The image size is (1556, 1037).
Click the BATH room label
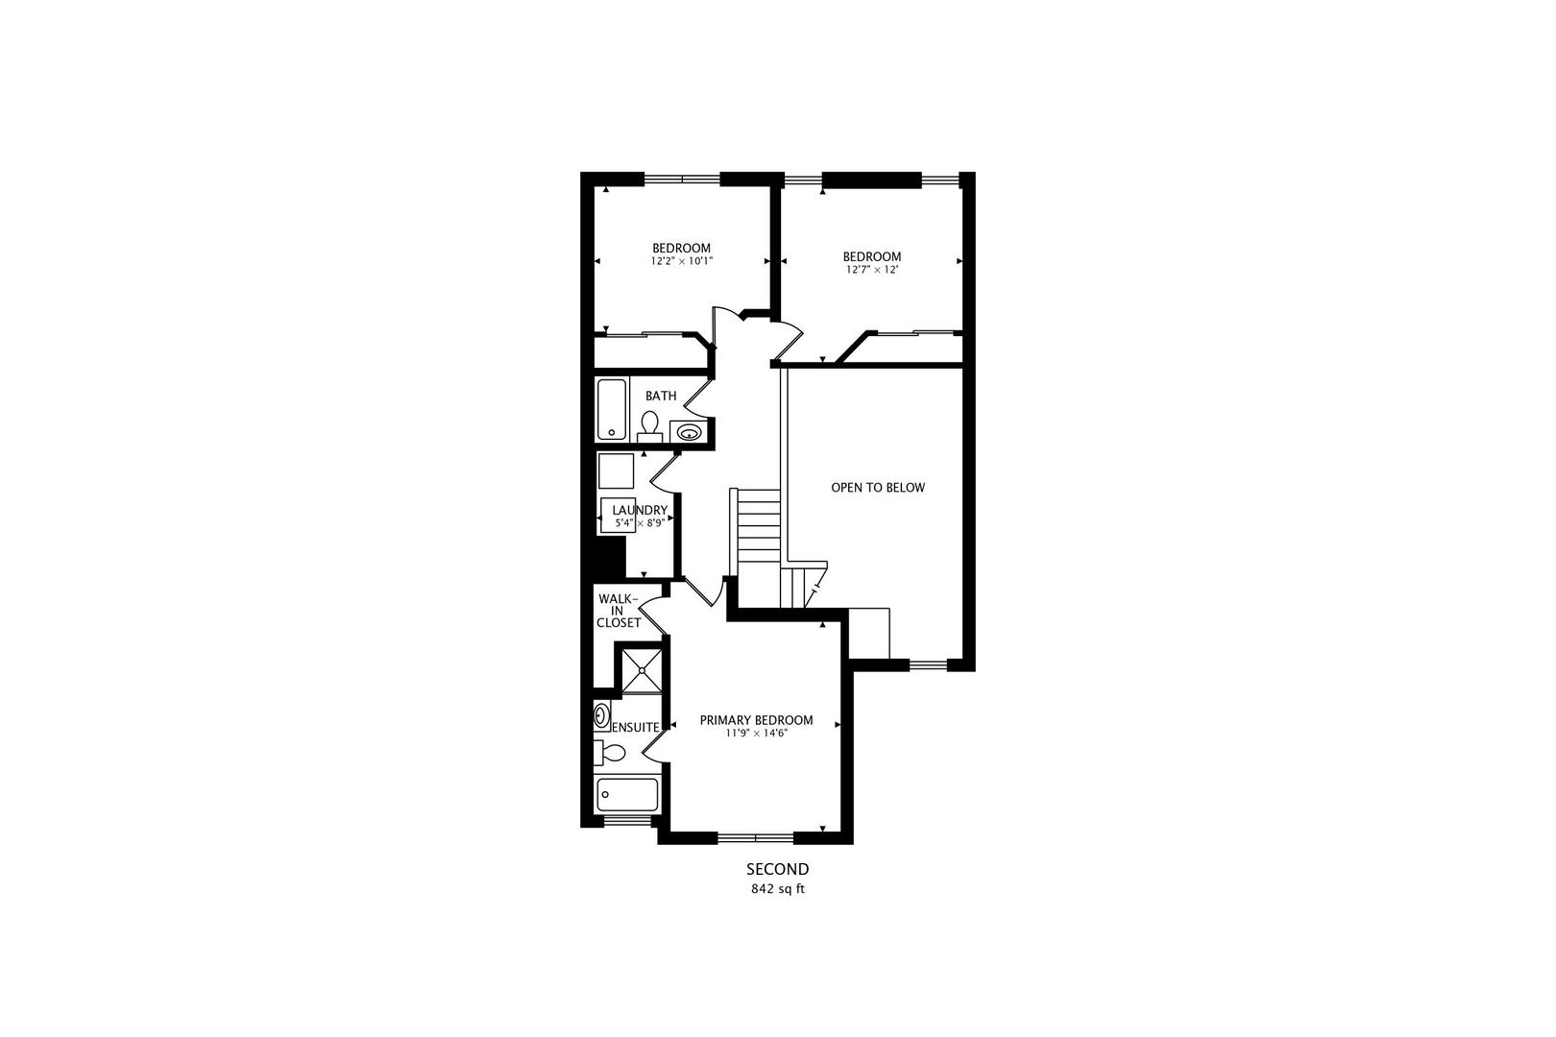pos(661,396)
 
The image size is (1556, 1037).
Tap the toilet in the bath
pos(649,426)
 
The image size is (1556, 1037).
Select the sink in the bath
pos(689,432)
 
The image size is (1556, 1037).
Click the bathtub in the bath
pos(612,410)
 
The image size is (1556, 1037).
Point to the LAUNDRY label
pos(640,511)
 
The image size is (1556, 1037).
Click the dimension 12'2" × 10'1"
pos(682,261)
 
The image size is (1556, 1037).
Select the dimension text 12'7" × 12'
pos(872,270)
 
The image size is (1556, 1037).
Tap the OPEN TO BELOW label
pos(878,488)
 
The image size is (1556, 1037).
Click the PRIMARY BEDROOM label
pos(757,720)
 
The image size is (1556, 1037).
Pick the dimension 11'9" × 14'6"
pos(757,733)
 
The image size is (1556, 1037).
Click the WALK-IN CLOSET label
pos(619,611)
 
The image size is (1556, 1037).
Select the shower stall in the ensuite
pos(642,671)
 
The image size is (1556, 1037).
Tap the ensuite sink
pos(601,716)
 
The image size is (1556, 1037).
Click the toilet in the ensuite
pos(610,752)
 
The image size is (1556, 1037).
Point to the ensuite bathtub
pos(627,795)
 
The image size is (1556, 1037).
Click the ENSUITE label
pos(636,727)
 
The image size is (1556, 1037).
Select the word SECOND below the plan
pos(778,869)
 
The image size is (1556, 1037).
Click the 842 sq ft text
pos(778,889)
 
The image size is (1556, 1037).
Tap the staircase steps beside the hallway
pos(758,528)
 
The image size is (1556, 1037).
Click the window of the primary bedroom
pos(755,837)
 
